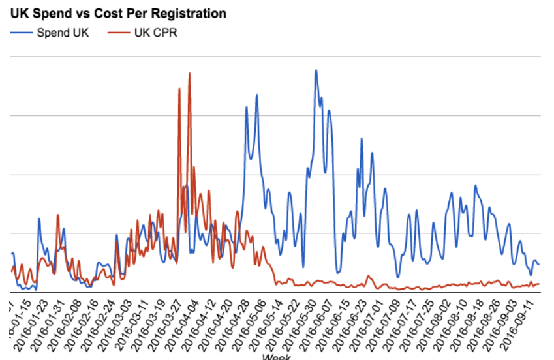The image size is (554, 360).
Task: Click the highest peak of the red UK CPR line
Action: click(189, 74)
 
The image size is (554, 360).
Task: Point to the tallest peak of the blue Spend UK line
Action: click(316, 70)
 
